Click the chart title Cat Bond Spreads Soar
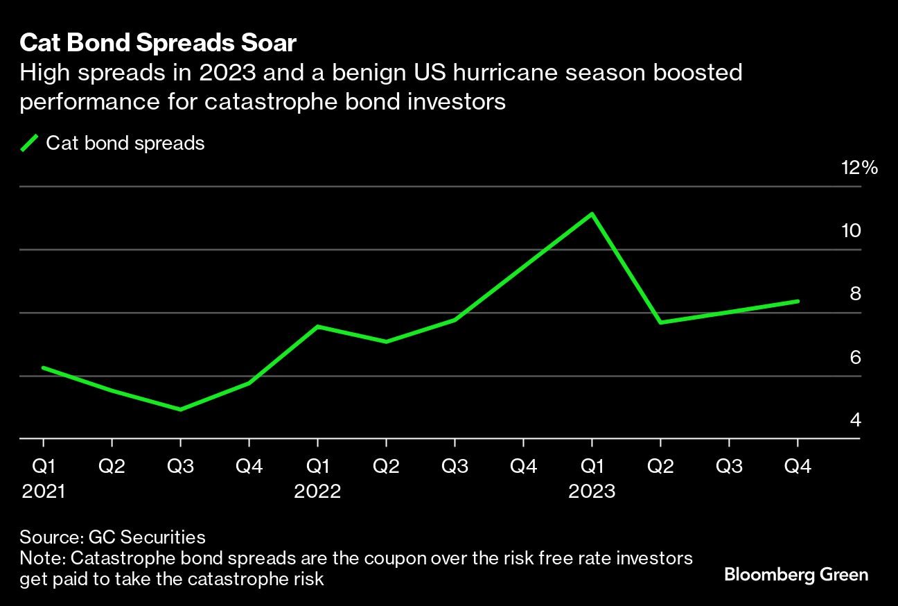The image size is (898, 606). [x=158, y=43]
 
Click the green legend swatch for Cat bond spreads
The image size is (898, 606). [x=29, y=144]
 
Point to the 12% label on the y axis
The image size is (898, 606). [x=860, y=168]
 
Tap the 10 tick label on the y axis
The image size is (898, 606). [x=851, y=231]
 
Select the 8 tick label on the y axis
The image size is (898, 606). [x=855, y=294]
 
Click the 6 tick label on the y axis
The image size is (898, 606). [x=855, y=358]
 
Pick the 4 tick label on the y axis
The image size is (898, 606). [x=855, y=420]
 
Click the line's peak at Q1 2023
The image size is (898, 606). [x=592, y=214]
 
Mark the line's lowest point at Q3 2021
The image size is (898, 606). [x=181, y=409]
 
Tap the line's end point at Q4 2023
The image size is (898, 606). [x=798, y=301]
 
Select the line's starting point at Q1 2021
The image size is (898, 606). [x=44, y=367]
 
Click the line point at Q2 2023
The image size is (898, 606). [x=660, y=322]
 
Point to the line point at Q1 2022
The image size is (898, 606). [x=317, y=327]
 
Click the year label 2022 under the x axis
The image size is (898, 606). [x=317, y=491]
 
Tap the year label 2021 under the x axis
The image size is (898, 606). [x=44, y=491]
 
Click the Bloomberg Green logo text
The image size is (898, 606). [x=795, y=574]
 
